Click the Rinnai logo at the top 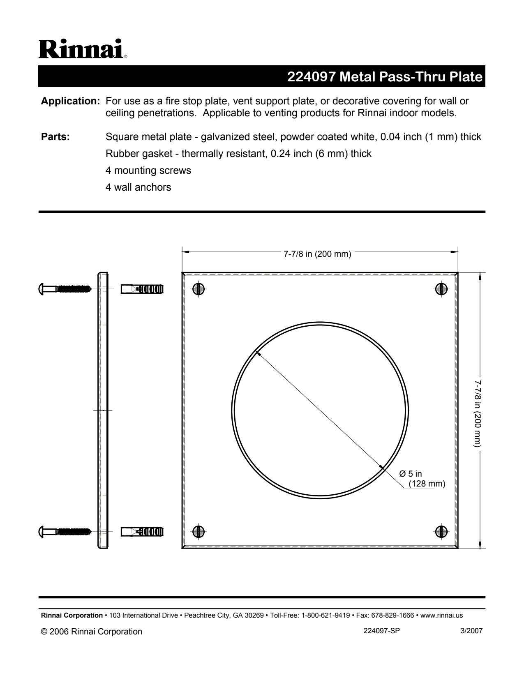(x=83, y=49)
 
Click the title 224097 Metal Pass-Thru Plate (x=384, y=77)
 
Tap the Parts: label (x=55, y=137)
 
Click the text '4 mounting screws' (x=148, y=171)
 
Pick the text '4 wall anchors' (x=138, y=187)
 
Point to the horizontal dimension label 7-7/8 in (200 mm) (x=317, y=254)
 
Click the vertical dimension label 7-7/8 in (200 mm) (x=477, y=413)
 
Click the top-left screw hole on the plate (x=199, y=289)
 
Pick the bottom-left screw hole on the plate (x=199, y=531)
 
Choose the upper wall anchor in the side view (x=142, y=289)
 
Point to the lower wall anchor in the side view (x=142, y=531)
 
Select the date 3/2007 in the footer (x=471, y=631)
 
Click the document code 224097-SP (x=381, y=631)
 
